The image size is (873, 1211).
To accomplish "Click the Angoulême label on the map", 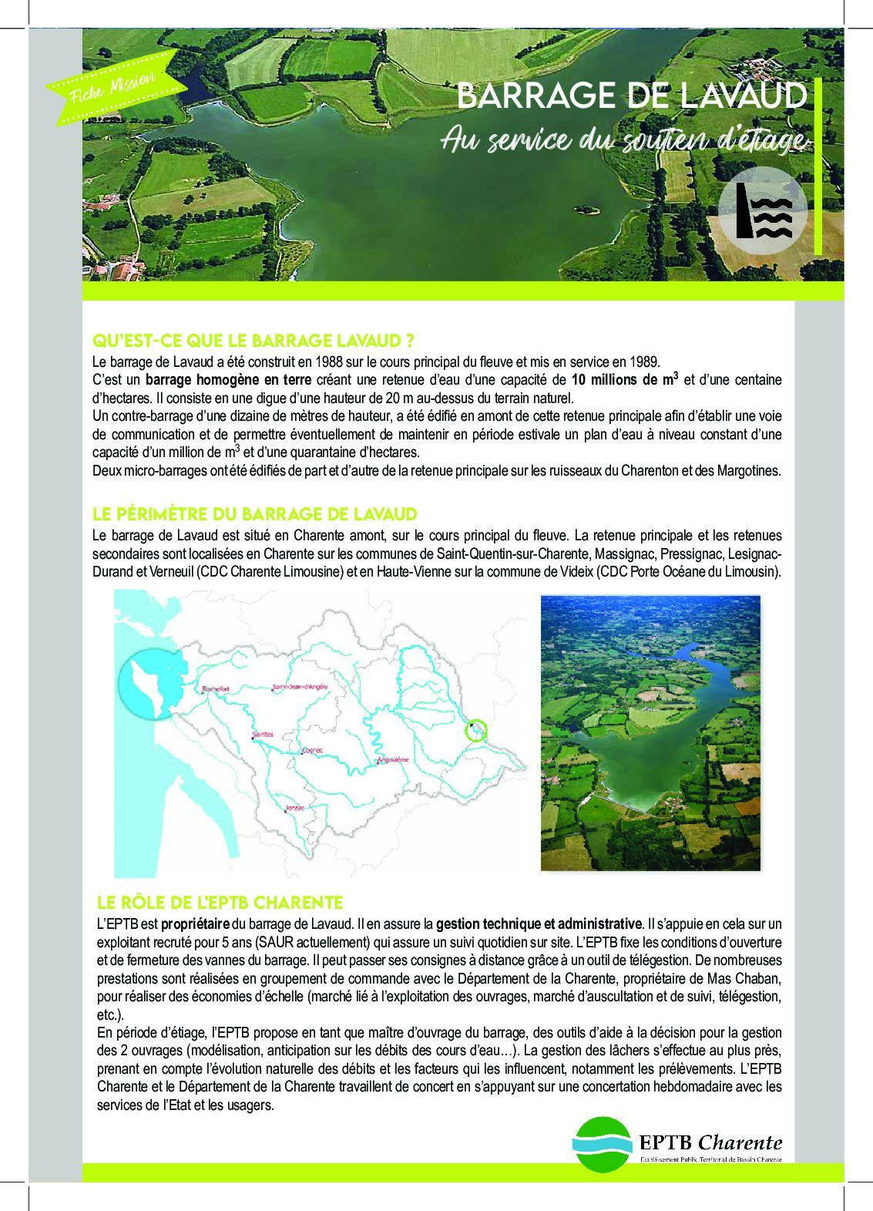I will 391,760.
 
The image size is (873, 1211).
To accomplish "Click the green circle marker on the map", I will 477,728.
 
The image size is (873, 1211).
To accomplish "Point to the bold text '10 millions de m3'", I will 624,379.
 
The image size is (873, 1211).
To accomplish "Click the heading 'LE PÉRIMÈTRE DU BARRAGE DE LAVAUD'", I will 254,514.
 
